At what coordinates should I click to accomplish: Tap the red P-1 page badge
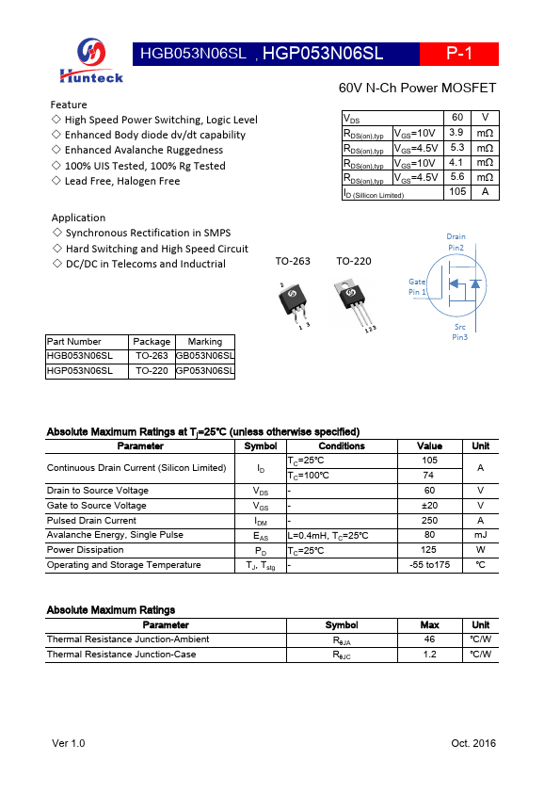point(458,54)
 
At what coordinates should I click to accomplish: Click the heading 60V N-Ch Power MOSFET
point(417,89)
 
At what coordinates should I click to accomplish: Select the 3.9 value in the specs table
point(456,133)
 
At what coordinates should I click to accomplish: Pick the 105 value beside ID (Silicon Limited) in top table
point(456,192)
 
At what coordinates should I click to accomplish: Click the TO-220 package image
point(356,302)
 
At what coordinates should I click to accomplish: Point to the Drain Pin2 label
point(456,242)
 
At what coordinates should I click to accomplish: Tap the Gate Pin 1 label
point(417,287)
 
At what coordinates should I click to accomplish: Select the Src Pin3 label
point(459,332)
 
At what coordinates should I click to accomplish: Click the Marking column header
point(204,342)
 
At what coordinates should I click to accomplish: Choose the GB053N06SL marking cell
point(204,356)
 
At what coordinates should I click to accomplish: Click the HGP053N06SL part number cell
point(80,371)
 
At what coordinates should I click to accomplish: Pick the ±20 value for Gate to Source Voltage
point(429,506)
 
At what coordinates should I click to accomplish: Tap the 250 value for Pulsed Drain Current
point(429,520)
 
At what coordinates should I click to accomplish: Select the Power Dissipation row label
point(86,550)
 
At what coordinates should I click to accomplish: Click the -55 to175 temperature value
point(429,565)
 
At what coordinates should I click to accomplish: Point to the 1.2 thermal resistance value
point(429,654)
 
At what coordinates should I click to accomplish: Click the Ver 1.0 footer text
point(68,744)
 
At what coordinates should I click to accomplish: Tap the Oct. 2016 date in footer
point(473,744)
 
